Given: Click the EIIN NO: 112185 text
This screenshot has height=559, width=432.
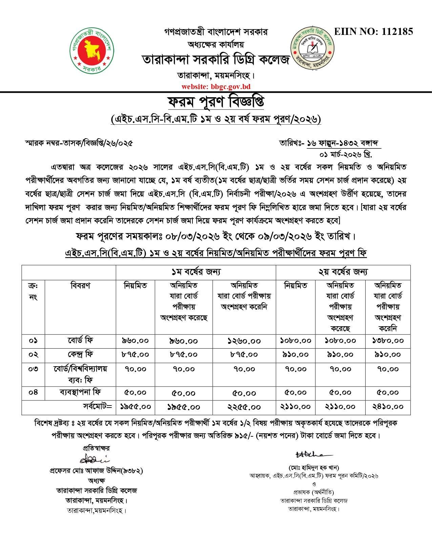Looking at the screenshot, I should coord(373,32).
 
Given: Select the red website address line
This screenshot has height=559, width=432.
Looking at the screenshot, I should coord(216,87).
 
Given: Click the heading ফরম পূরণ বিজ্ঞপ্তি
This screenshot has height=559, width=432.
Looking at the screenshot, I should coord(216,102).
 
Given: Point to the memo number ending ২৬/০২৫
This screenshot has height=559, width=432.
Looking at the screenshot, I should coord(79,143).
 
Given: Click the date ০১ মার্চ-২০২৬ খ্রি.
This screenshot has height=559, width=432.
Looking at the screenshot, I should coord(346,155).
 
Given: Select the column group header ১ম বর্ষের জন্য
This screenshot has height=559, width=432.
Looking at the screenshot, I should coord(196,272).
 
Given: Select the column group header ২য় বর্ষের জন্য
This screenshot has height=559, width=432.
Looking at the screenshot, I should coord(343,272).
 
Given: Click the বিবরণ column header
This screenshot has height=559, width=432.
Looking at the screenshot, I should coord(80,286).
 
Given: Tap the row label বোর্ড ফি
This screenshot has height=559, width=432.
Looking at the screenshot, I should coord(80,340).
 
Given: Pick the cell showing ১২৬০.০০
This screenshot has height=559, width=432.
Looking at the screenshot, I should coord(244,341).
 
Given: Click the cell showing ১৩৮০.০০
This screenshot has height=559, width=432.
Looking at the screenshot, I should coord(388,341).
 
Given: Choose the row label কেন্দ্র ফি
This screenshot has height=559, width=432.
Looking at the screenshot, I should coord(80,355).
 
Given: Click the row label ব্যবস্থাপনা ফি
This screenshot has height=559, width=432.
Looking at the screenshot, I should coord(80,393).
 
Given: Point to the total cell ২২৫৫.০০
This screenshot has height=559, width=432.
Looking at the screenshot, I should coord(244,407).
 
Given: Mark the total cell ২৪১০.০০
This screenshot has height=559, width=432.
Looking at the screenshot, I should coord(388,407).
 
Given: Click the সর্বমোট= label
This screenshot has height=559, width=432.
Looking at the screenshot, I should coord(98,406).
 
